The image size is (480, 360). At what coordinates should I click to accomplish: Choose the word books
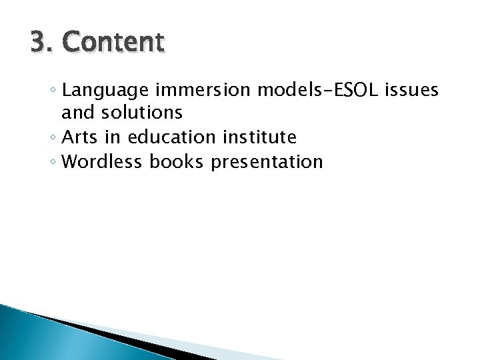coord(177,162)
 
